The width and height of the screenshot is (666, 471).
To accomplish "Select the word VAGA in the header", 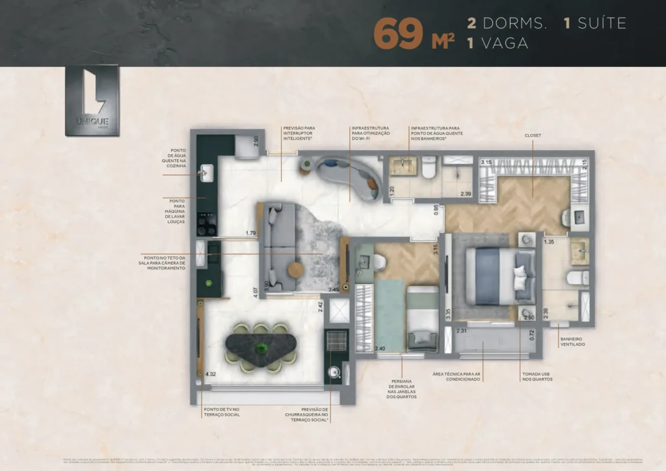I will (503, 44).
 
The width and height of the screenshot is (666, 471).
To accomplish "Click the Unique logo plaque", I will (92, 100).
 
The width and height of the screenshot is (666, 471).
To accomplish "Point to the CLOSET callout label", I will (533, 135).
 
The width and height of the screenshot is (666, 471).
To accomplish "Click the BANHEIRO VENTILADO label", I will (572, 341).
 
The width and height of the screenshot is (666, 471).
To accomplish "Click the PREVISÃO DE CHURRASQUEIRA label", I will (306, 415).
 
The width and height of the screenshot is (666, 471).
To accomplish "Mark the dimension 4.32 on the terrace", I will (210, 375).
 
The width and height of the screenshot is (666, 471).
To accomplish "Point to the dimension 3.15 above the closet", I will (486, 162).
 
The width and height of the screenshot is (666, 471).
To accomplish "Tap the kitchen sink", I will (206, 172).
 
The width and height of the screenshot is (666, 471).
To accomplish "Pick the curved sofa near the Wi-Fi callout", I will (349, 176).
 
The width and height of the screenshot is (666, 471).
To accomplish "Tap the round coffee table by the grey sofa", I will (296, 269).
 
